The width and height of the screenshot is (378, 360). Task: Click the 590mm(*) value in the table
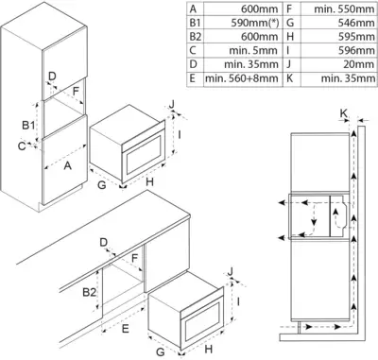[255, 23]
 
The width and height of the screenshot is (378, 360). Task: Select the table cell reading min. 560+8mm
[242, 78]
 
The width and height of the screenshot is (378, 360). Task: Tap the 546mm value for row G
[356, 23]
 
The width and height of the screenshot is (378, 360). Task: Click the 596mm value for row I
[356, 50]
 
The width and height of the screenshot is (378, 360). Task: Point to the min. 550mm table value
[344, 9]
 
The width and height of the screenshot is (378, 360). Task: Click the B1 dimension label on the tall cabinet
[28, 126]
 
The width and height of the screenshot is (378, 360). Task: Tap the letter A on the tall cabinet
[68, 165]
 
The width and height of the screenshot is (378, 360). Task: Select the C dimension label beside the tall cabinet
[22, 146]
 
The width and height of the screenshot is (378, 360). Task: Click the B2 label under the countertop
[89, 292]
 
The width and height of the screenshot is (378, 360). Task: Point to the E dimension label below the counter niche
[126, 329]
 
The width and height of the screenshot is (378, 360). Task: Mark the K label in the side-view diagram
[344, 113]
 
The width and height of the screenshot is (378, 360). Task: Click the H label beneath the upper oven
[149, 181]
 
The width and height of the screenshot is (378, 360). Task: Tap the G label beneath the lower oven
[161, 351]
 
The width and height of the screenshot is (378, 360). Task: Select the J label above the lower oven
[231, 271]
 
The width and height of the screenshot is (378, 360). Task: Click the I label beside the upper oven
[180, 135]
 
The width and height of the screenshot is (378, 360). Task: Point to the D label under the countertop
[104, 243]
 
